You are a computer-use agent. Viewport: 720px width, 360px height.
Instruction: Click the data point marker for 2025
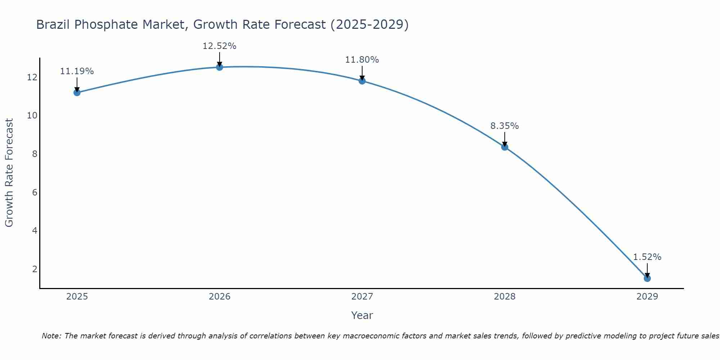click(77, 93)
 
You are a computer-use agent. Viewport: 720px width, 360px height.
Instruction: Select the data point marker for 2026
click(219, 67)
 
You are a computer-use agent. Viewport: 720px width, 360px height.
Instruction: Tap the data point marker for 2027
click(362, 81)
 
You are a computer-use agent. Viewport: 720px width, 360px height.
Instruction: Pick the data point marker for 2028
click(504, 147)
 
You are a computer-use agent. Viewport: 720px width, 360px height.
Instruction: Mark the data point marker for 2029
click(647, 278)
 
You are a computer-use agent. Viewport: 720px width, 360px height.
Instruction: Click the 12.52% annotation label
click(219, 46)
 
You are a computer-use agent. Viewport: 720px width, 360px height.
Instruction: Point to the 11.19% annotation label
click(77, 71)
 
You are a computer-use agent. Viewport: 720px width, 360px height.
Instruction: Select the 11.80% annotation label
click(362, 60)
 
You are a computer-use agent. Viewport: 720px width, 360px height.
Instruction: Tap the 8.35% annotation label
click(504, 126)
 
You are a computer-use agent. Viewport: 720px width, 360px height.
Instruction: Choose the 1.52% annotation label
click(647, 257)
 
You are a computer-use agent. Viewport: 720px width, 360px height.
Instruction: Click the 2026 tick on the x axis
click(219, 297)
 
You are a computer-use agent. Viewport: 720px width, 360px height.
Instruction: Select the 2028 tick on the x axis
click(504, 297)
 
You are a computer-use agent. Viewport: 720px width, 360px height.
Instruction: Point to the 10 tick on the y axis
click(32, 116)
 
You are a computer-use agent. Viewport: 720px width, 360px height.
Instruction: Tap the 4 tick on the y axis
click(35, 230)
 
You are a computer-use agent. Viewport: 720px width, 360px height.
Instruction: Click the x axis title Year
click(362, 315)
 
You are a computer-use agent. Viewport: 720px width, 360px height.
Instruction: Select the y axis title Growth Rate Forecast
click(9, 173)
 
